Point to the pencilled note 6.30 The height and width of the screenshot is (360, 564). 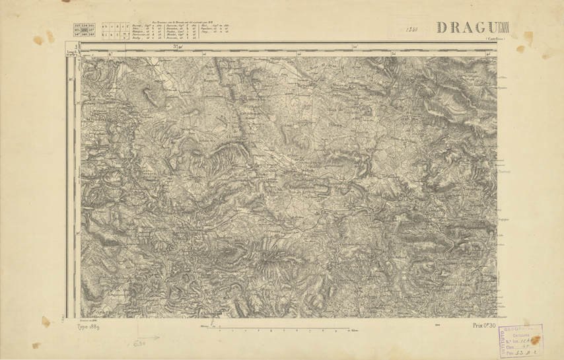coord(139,343)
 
